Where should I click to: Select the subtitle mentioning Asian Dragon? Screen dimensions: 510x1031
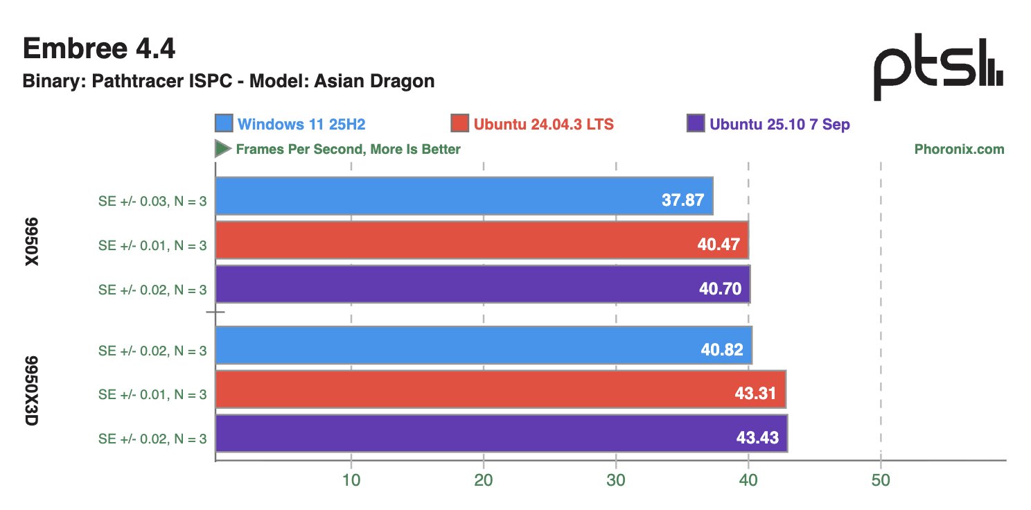(x=229, y=81)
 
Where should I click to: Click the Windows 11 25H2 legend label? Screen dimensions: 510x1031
(x=301, y=125)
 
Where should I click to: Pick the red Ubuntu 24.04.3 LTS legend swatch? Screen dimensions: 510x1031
(x=459, y=124)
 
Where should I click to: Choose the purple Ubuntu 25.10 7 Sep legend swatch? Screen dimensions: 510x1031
(x=696, y=124)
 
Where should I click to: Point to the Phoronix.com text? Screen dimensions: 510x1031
(x=959, y=149)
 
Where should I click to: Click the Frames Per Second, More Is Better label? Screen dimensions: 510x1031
(x=348, y=149)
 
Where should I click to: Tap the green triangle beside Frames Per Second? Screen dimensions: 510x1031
(x=222, y=148)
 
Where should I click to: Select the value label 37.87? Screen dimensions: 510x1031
(x=682, y=201)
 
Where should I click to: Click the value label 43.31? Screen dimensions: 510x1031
(x=756, y=394)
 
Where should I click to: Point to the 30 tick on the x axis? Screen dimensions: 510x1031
(x=616, y=482)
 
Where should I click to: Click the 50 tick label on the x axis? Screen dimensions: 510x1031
(x=880, y=482)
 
